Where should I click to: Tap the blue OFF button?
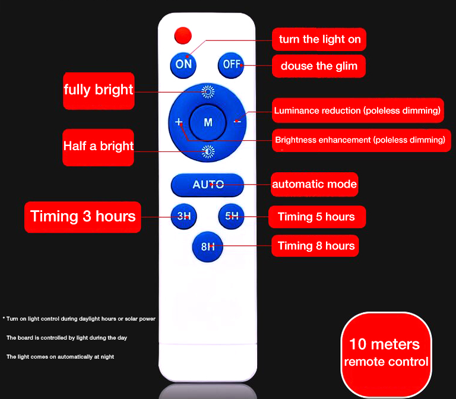click(231, 65)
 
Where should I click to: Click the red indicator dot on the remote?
click(183, 36)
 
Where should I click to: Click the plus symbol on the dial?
click(179, 122)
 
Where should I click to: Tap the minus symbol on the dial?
click(237, 122)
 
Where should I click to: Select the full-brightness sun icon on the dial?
click(208, 92)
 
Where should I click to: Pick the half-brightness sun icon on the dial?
click(208, 151)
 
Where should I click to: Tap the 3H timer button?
click(184, 216)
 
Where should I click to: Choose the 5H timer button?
click(232, 216)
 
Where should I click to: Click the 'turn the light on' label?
click(319, 39)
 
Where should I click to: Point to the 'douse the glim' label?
click(319, 66)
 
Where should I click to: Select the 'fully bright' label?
click(99, 91)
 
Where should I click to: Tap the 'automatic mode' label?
click(314, 184)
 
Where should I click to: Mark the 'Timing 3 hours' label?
click(83, 217)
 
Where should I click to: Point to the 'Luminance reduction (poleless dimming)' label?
click(357, 110)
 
